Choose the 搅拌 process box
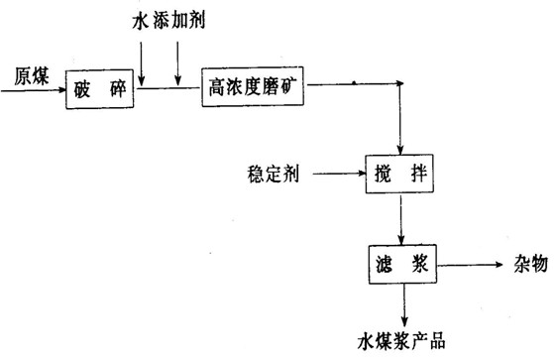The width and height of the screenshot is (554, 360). point(400,175)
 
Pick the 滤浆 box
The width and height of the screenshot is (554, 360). point(401,266)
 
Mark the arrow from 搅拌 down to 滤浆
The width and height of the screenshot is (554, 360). point(400,219)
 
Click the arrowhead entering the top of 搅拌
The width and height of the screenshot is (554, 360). point(400,147)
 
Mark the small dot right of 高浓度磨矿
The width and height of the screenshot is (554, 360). point(354,80)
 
